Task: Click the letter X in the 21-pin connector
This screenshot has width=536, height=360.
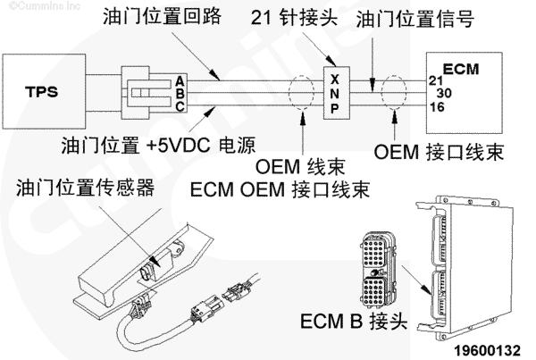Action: [333, 77]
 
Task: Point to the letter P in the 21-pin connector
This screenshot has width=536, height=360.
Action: [333, 108]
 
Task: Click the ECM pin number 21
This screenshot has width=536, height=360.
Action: [435, 80]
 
